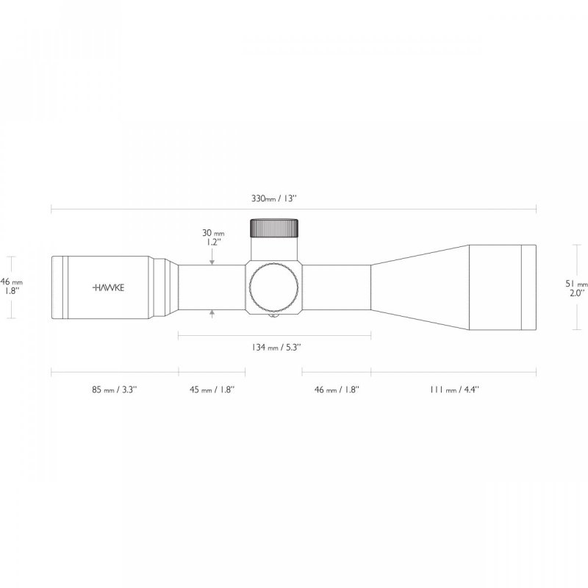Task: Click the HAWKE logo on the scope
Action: point(109,287)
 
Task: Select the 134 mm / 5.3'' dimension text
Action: point(274,348)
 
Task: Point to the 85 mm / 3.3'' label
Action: point(114,390)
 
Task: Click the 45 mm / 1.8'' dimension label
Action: point(212,390)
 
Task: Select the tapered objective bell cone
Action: point(419,287)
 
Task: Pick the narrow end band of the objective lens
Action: point(528,287)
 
